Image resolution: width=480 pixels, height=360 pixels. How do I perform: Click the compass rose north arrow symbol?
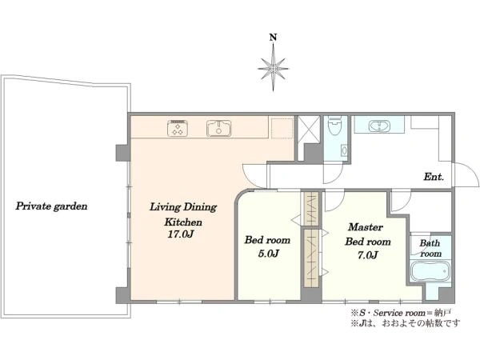[273, 68]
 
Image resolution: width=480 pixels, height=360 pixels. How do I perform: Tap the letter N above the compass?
[273, 38]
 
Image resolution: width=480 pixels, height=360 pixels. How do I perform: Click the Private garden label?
[51, 206]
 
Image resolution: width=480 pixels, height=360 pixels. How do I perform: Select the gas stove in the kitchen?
[178, 128]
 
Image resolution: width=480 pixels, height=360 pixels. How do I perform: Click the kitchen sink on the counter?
[218, 128]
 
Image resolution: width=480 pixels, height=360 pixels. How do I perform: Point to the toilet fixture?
[334, 126]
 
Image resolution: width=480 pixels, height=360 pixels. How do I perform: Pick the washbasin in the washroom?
[379, 126]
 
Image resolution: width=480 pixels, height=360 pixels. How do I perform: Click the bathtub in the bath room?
[430, 270]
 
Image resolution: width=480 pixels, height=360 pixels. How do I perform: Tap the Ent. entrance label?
[434, 177]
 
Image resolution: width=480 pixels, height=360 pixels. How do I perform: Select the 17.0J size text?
[181, 234]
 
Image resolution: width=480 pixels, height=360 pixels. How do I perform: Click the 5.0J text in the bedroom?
[268, 253]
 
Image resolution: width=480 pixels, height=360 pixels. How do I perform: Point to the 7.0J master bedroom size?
[367, 254]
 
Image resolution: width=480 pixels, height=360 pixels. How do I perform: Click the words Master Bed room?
[367, 234]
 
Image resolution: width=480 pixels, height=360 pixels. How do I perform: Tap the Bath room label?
[430, 248]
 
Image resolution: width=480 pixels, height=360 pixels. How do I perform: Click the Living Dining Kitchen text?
[183, 214]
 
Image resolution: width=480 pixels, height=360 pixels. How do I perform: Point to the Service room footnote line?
[401, 313]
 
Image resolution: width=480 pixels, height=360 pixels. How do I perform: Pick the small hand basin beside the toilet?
[344, 150]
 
